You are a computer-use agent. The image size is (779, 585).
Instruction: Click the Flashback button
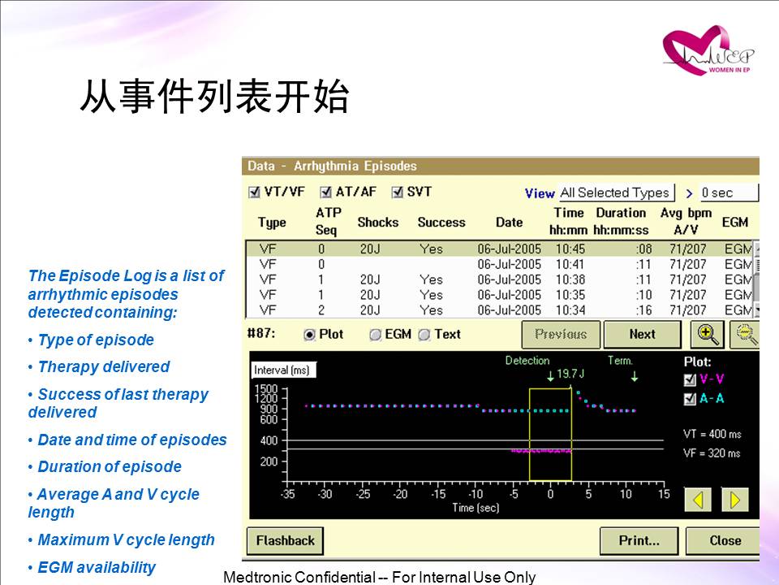click(x=285, y=541)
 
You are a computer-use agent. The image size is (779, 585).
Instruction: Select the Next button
click(x=642, y=334)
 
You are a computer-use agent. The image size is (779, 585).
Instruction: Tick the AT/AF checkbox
click(x=326, y=192)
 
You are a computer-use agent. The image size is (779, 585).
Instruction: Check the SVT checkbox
click(x=398, y=192)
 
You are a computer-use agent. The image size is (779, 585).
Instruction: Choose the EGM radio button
click(x=376, y=335)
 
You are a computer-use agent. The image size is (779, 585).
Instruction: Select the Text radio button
click(x=424, y=335)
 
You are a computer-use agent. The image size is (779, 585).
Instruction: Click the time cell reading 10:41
click(x=570, y=264)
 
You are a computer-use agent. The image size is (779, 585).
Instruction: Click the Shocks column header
click(x=378, y=223)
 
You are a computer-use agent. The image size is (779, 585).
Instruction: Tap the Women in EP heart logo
click(x=708, y=50)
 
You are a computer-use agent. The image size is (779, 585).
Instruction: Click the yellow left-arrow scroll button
click(x=698, y=499)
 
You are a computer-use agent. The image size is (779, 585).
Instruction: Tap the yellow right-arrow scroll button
click(x=735, y=499)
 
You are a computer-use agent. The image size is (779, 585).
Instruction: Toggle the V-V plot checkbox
click(x=690, y=379)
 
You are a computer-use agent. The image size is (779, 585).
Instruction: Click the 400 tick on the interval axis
click(x=269, y=440)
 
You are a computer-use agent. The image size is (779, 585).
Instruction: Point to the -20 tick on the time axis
click(x=400, y=493)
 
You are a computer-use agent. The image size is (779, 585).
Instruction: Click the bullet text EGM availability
click(x=97, y=567)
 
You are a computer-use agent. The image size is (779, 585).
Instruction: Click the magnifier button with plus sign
click(x=708, y=334)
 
